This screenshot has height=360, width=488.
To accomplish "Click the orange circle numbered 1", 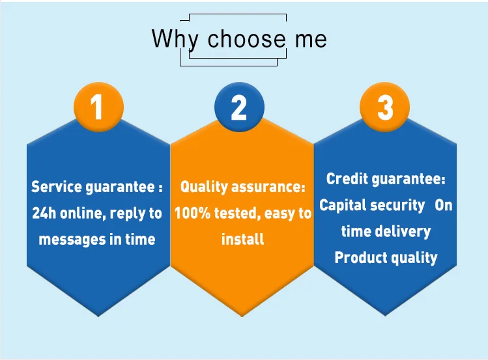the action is (x=98, y=107).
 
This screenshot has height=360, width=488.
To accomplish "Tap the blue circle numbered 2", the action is (x=239, y=107).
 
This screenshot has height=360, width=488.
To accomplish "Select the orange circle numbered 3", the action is (x=384, y=107).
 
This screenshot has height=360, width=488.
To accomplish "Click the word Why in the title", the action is (x=175, y=40).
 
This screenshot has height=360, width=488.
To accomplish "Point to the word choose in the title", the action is (x=246, y=38).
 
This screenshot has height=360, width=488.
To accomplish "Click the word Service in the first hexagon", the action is (x=56, y=187).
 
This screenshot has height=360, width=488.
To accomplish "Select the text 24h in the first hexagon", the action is (x=44, y=213).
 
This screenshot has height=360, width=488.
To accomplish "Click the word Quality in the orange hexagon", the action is (x=204, y=187).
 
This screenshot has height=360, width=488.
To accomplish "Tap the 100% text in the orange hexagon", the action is (x=192, y=214).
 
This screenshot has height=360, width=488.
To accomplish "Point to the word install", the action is (x=243, y=239).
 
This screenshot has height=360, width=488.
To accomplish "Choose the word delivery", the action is (x=403, y=232).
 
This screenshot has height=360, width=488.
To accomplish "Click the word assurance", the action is (x=268, y=187).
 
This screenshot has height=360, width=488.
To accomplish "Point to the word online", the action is (x=83, y=214).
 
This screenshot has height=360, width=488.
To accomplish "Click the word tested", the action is (x=237, y=214).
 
